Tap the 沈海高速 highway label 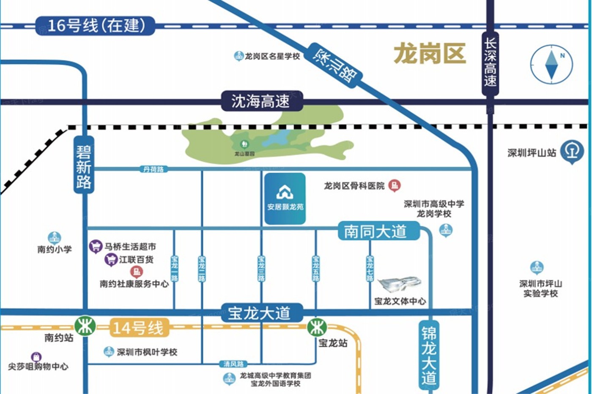pos(261,101)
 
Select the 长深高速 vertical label pos(490,62)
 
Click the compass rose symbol pos(551,64)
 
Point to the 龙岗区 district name pos(430,54)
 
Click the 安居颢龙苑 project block pos(285,198)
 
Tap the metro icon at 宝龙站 pos(316,327)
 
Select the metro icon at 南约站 pos(85,326)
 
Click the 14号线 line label pos(138,328)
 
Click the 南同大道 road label pos(376,231)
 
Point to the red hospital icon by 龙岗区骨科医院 pos(394,185)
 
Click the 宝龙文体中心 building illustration pos(399,285)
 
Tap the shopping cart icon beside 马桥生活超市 pos(96,246)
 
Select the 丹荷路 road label pos(153,169)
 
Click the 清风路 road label pos(233,364)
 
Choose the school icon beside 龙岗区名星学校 pos(238,56)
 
